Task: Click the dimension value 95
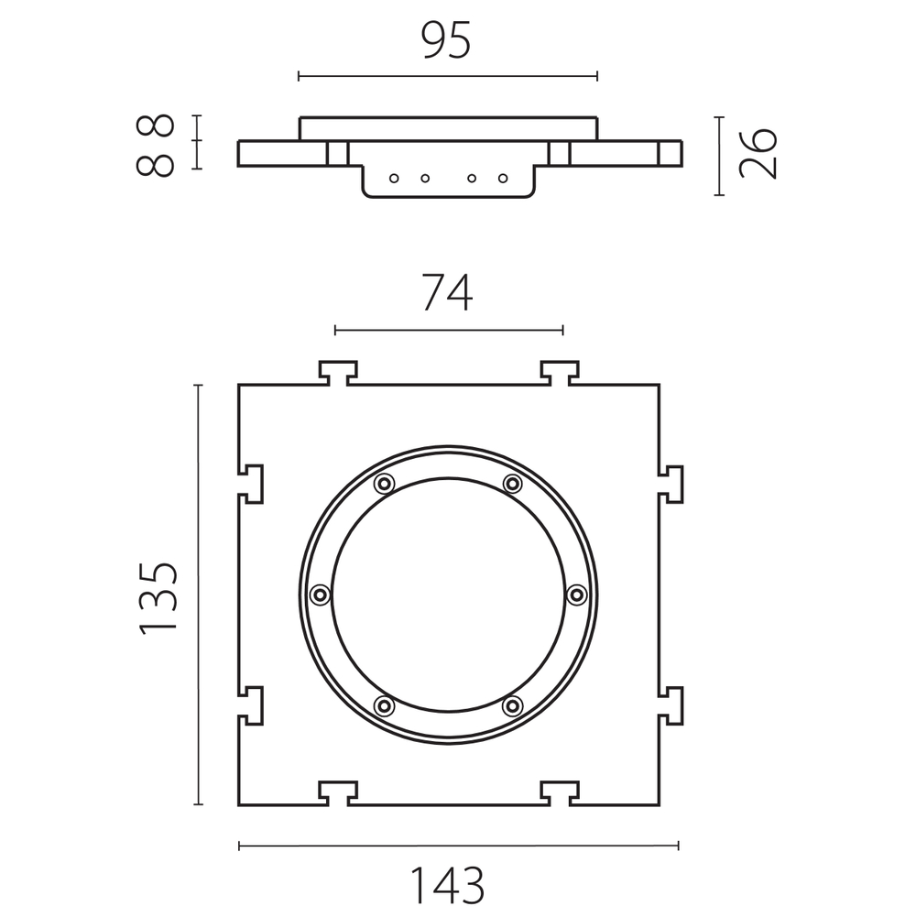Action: click(x=446, y=41)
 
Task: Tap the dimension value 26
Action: click(x=758, y=153)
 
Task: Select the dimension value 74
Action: click(x=448, y=293)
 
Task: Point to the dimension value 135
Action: click(x=158, y=597)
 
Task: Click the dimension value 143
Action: click(x=448, y=886)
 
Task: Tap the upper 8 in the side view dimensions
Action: click(x=156, y=126)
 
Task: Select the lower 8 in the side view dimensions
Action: click(x=156, y=165)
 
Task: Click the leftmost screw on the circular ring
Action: click(x=320, y=595)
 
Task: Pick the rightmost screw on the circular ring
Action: click(x=577, y=595)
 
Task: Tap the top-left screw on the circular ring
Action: click(x=384, y=484)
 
